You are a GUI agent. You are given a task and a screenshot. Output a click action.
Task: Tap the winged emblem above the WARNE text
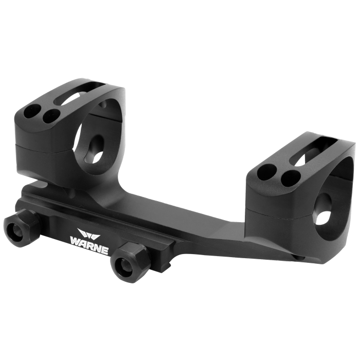click(x=88, y=233)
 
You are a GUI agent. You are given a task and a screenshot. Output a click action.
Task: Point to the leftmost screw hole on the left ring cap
click(x=32, y=111)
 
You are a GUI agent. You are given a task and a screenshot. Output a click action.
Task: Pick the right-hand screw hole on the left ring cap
click(x=51, y=115)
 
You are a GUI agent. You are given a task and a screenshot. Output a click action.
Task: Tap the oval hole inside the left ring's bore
click(x=97, y=148)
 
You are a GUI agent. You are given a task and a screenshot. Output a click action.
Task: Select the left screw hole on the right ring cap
click(x=267, y=171)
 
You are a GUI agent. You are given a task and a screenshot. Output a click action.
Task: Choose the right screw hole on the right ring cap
click(x=291, y=177)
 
